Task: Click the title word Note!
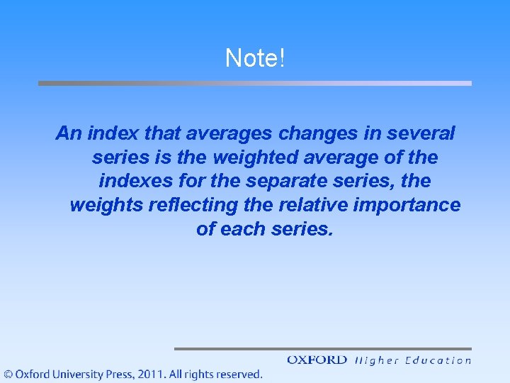[255, 58]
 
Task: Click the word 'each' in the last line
[245, 230]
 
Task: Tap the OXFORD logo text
[317, 360]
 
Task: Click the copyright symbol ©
[8, 374]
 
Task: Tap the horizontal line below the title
[255, 83]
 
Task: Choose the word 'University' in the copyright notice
[72, 374]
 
